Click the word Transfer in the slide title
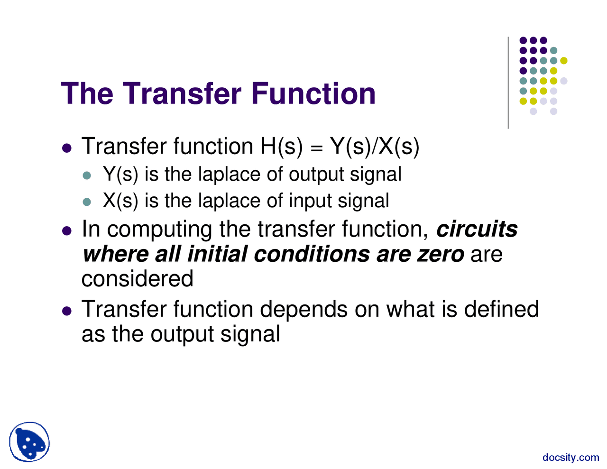point(183,93)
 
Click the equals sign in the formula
point(316,147)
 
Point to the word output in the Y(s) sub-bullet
point(316,175)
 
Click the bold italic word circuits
point(477,229)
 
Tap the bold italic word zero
point(440,254)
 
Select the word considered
point(138,278)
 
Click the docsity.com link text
point(570,457)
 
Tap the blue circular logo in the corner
point(29,442)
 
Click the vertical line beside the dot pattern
point(508,83)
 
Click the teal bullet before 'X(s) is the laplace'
point(86,202)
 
